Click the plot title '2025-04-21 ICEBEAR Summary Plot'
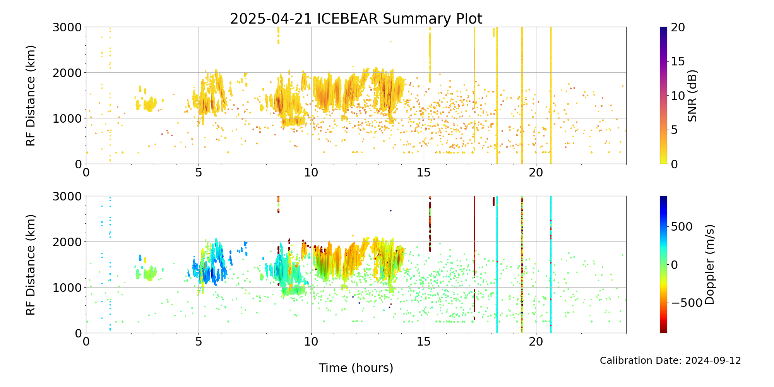click(x=356, y=19)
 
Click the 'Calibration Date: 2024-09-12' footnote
click(x=670, y=361)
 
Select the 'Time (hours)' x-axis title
click(x=356, y=368)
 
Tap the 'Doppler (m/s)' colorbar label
click(x=709, y=264)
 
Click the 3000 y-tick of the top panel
click(x=67, y=27)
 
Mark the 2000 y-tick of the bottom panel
click(x=67, y=242)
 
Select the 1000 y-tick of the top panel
click(x=67, y=118)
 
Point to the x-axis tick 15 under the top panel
click(x=424, y=173)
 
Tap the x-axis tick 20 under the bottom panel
click(x=536, y=342)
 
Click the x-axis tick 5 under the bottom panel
click(x=199, y=342)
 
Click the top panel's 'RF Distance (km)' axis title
click(x=31, y=96)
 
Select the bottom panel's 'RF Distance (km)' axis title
click(x=31, y=264)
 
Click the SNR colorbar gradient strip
click(x=663, y=96)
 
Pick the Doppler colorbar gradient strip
click(x=663, y=264)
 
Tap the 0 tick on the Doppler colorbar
click(x=674, y=265)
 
